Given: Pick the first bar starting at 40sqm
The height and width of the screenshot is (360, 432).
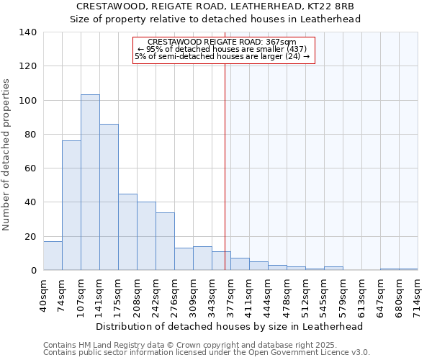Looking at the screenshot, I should (53, 256).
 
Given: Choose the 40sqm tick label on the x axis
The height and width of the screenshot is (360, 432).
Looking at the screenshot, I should (43, 294).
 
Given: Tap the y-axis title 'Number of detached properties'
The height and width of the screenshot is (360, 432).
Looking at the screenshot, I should (6, 155).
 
